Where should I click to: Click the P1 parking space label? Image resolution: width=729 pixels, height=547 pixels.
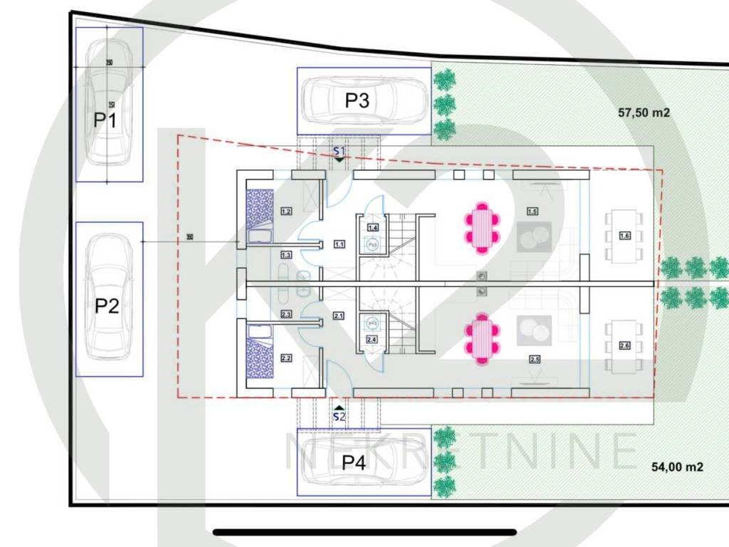105,119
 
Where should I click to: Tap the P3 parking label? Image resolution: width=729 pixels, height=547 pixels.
357,100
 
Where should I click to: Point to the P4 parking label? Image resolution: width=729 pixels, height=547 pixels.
353,463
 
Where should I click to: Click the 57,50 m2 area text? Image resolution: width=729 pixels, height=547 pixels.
644,112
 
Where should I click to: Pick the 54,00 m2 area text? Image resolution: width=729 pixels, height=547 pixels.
678,467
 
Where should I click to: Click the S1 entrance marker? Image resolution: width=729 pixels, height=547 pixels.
340,152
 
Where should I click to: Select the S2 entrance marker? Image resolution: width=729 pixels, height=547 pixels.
340,417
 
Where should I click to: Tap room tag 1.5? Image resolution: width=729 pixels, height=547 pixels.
532,211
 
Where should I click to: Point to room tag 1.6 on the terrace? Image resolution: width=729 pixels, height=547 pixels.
624,236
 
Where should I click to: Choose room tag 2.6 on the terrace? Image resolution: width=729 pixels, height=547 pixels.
624,346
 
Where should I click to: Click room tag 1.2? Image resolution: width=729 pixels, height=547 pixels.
286,211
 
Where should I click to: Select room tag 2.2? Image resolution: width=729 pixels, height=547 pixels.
286,358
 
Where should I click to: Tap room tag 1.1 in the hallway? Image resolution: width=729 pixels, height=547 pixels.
339,245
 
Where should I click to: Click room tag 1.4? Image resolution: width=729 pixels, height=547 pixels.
372,227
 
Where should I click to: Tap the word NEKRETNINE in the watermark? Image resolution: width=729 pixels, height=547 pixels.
461,450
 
